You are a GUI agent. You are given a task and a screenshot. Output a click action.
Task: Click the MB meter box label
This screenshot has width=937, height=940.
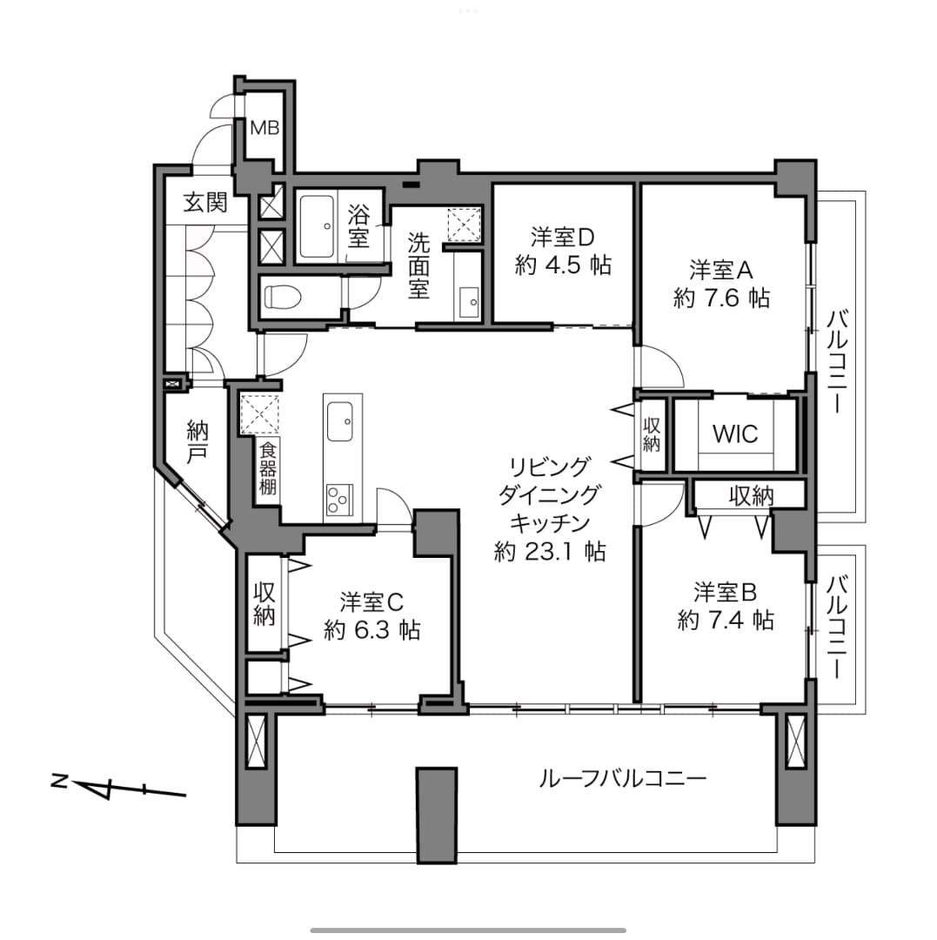[x=264, y=128]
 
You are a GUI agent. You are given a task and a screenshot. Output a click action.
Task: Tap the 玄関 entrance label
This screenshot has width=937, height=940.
[x=205, y=202]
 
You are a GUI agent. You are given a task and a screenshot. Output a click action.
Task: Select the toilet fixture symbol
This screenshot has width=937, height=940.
[x=285, y=297]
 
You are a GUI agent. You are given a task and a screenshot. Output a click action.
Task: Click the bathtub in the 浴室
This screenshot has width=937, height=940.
[x=317, y=226]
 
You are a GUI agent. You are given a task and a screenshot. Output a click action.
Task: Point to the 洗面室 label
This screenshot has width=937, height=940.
[x=418, y=265]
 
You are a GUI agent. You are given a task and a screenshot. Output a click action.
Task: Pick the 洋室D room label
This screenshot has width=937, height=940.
[x=562, y=238]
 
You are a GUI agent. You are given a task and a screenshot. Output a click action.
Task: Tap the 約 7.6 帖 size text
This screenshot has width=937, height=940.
[x=721, y=298]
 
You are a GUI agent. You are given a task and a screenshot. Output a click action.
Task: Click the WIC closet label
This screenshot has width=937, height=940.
[x=735, y=433]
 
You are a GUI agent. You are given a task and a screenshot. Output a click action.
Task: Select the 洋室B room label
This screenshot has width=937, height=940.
[x=725, y=593]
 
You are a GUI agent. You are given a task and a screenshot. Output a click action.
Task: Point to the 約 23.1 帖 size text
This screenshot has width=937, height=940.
[x=549, y=552]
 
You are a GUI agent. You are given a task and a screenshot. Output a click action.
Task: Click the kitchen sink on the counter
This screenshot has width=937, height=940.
[x=339, y=421]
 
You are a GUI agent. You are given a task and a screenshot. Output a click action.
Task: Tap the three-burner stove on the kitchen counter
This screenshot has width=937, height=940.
[x=339, y=500]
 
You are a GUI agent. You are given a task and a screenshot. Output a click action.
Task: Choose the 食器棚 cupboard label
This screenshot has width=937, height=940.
[x=268, y=467]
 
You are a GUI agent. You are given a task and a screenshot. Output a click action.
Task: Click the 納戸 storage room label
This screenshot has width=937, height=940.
[x=197, y=441]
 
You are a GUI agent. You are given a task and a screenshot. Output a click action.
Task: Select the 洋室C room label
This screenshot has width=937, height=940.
[x=371, y=601]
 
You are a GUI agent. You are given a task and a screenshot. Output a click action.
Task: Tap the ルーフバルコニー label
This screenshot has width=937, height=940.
[x=622, y=779]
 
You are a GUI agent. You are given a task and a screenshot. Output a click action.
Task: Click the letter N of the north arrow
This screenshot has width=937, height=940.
[x=59, y=782]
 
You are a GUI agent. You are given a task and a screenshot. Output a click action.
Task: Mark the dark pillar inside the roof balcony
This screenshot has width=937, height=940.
[x=437, y=815]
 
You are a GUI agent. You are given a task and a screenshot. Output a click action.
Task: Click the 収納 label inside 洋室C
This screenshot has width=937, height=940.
[x=264, y=604]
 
